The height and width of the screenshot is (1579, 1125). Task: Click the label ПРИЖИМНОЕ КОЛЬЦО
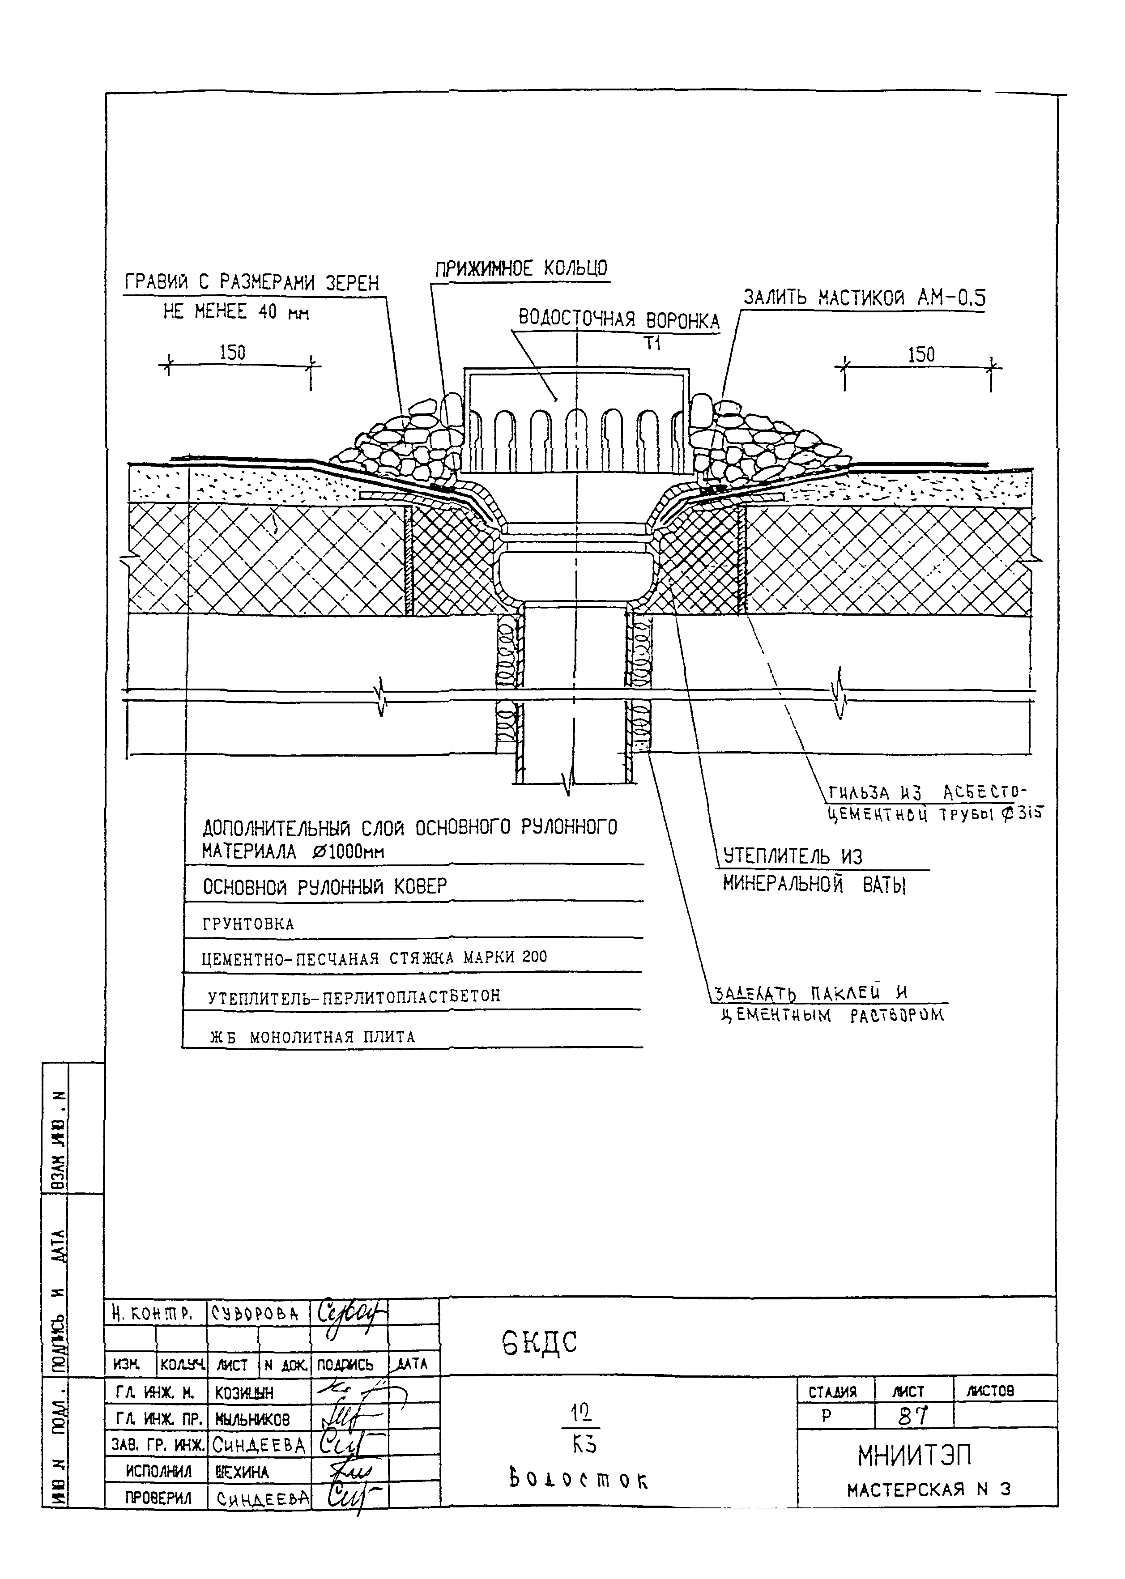(521, 269)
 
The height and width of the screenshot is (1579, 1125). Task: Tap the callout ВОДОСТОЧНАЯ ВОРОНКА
(618, 320)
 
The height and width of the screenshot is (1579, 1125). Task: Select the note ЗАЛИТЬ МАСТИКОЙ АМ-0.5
(864, 298)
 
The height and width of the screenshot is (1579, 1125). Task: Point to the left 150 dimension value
(232, 353)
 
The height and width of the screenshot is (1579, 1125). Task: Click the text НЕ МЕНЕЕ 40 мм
(235, 312)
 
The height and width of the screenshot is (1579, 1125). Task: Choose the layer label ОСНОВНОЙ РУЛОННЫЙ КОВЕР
(324, 886)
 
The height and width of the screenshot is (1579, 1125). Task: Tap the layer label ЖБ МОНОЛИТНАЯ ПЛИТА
(312, 1037)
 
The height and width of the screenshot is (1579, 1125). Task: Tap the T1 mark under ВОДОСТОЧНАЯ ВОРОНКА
(652, 343)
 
